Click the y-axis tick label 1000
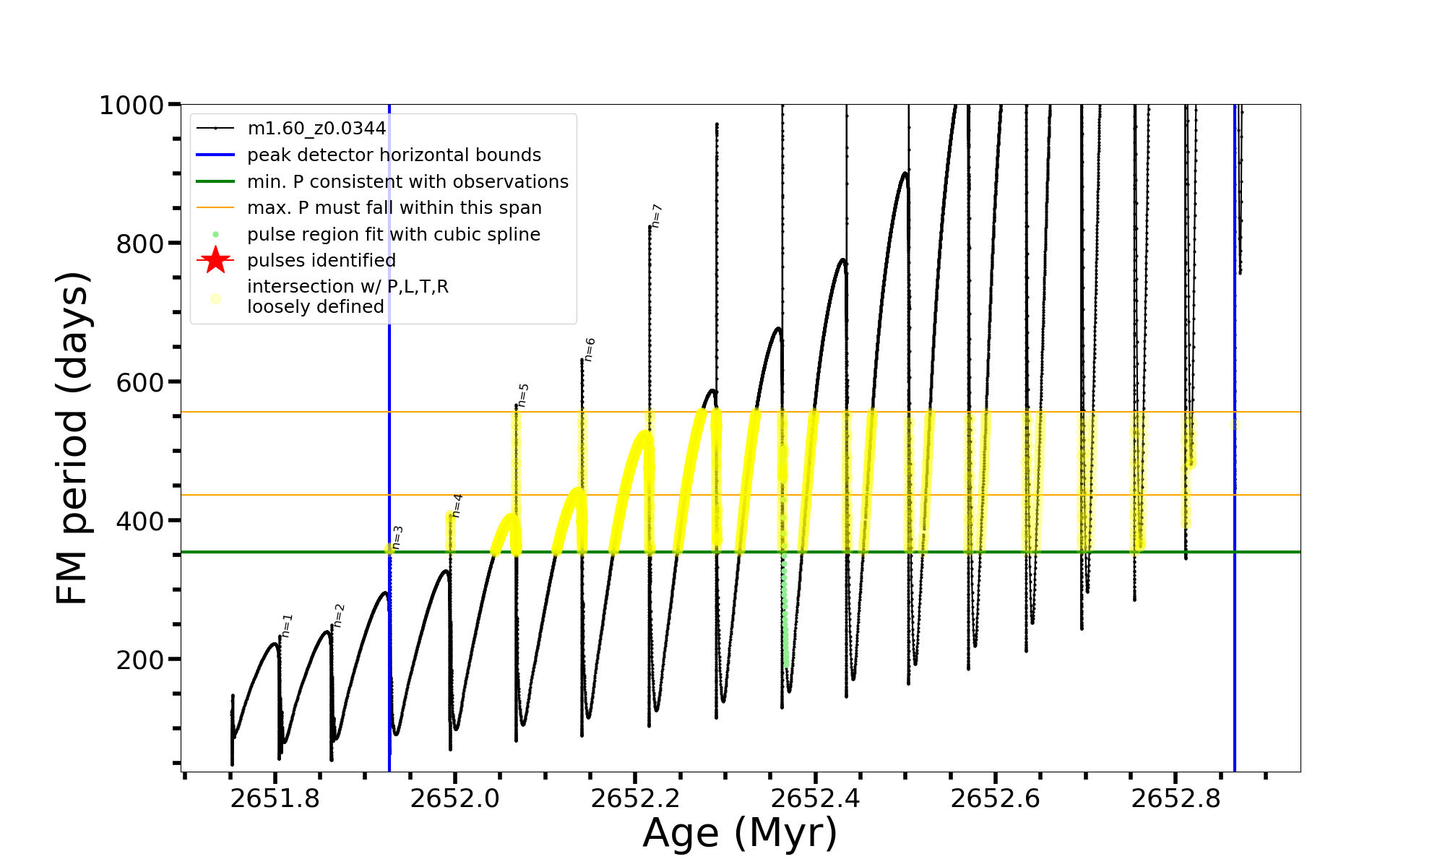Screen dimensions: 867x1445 (131, 105)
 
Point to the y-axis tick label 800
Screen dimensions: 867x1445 (140, 244)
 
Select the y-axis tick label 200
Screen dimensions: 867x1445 (140, 660)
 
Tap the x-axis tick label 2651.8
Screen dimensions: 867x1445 (275, 798)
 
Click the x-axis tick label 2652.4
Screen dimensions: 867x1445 (815, 798)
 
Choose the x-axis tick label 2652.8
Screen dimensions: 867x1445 (1176, 798)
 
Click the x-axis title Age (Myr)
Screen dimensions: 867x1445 (740, 833)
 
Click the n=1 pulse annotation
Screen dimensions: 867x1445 (287, 626)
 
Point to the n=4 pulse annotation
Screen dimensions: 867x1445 (457, 506)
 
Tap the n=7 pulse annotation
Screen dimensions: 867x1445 (657, 216)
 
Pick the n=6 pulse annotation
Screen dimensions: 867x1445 (590, 349)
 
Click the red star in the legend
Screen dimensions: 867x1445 (215, 260)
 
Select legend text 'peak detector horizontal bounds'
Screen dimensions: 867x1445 (394, 155)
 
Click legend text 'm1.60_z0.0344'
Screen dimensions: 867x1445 (317, 129)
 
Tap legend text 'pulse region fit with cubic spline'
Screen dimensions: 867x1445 (394, 235)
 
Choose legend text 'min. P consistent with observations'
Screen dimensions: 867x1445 (407, 182)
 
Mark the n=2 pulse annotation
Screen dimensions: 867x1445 (339, 616)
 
